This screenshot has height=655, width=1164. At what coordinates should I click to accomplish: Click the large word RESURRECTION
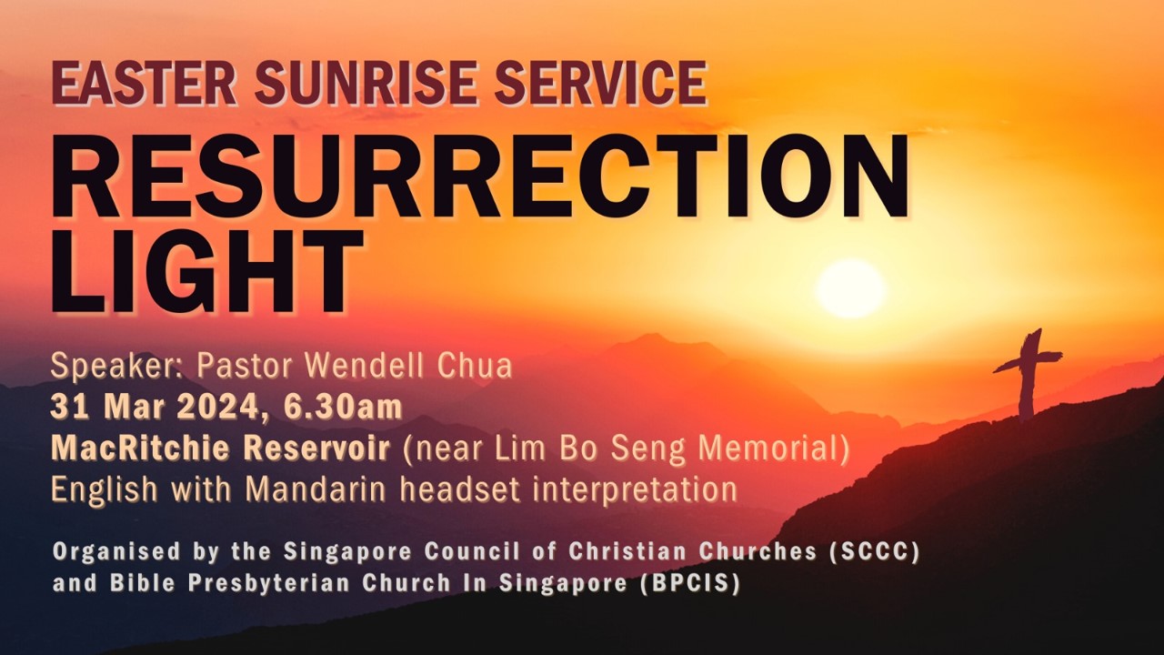480,177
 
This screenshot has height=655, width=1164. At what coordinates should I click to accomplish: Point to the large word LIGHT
207,270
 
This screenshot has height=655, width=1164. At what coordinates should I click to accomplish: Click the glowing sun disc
850,288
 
